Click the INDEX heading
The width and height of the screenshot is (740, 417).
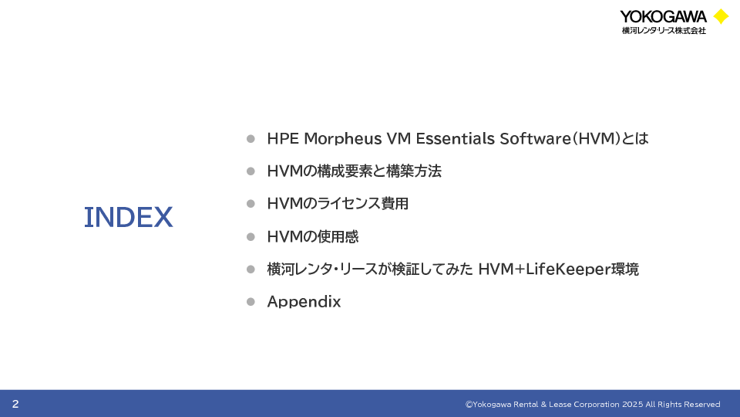tap(129, 218)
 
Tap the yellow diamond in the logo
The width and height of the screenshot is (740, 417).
tap(721, 16)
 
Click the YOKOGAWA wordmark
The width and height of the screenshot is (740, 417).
tap(663, 17)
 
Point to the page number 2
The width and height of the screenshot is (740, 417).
tap(15, 404)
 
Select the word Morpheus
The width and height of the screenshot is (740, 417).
tap(342, 138)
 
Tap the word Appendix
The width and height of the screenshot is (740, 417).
tap(304, 302)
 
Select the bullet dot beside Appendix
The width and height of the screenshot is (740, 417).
tap(251, 302)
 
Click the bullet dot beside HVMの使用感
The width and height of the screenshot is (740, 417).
tap(251, 236)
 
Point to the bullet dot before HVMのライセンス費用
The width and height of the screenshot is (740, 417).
tap(251, 204)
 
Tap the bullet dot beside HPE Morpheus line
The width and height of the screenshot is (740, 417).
tap(251, 138)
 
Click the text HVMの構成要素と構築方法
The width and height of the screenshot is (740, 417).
tap(354, 171)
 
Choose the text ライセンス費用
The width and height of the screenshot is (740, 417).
tap(362, 204)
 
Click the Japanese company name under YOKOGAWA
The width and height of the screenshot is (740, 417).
tap(664, 31)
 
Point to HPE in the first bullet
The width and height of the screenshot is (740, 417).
tap(283, 138)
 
